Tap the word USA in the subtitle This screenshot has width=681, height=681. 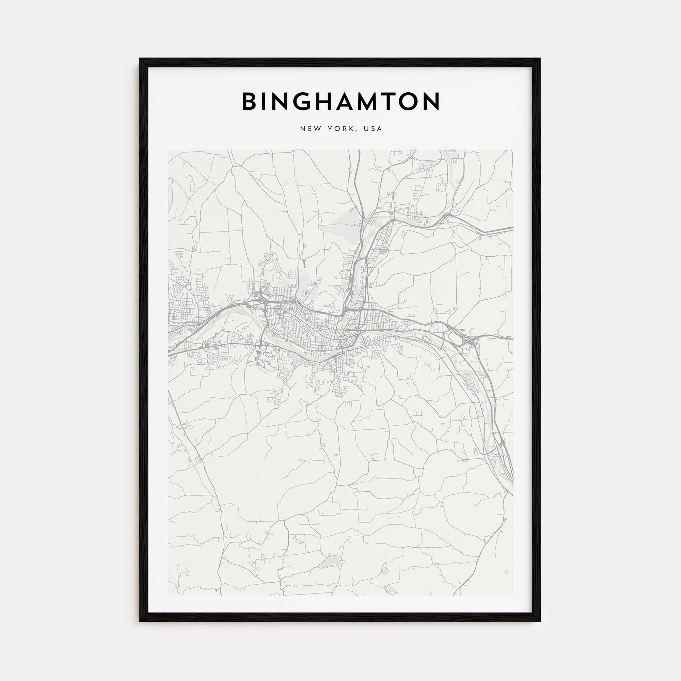tap(373, 129)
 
